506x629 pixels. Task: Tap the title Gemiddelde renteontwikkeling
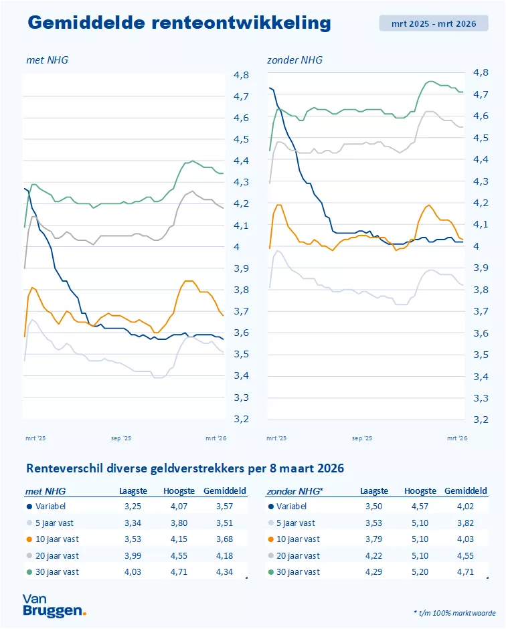click(x=179, y=23)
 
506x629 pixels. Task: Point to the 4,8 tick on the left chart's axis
click(x=241, y=75)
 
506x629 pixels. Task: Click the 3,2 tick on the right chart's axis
click(x=481, y=420)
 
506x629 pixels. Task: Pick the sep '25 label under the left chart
click(x=120, y=438)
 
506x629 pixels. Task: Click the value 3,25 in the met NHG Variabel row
click(x=133, y=507)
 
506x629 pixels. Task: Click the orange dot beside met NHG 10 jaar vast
click(x=29, y=539)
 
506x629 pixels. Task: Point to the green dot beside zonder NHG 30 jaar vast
click(x=270, y=571)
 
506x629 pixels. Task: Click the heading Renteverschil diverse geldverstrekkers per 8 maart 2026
click(x=184, y=468)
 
